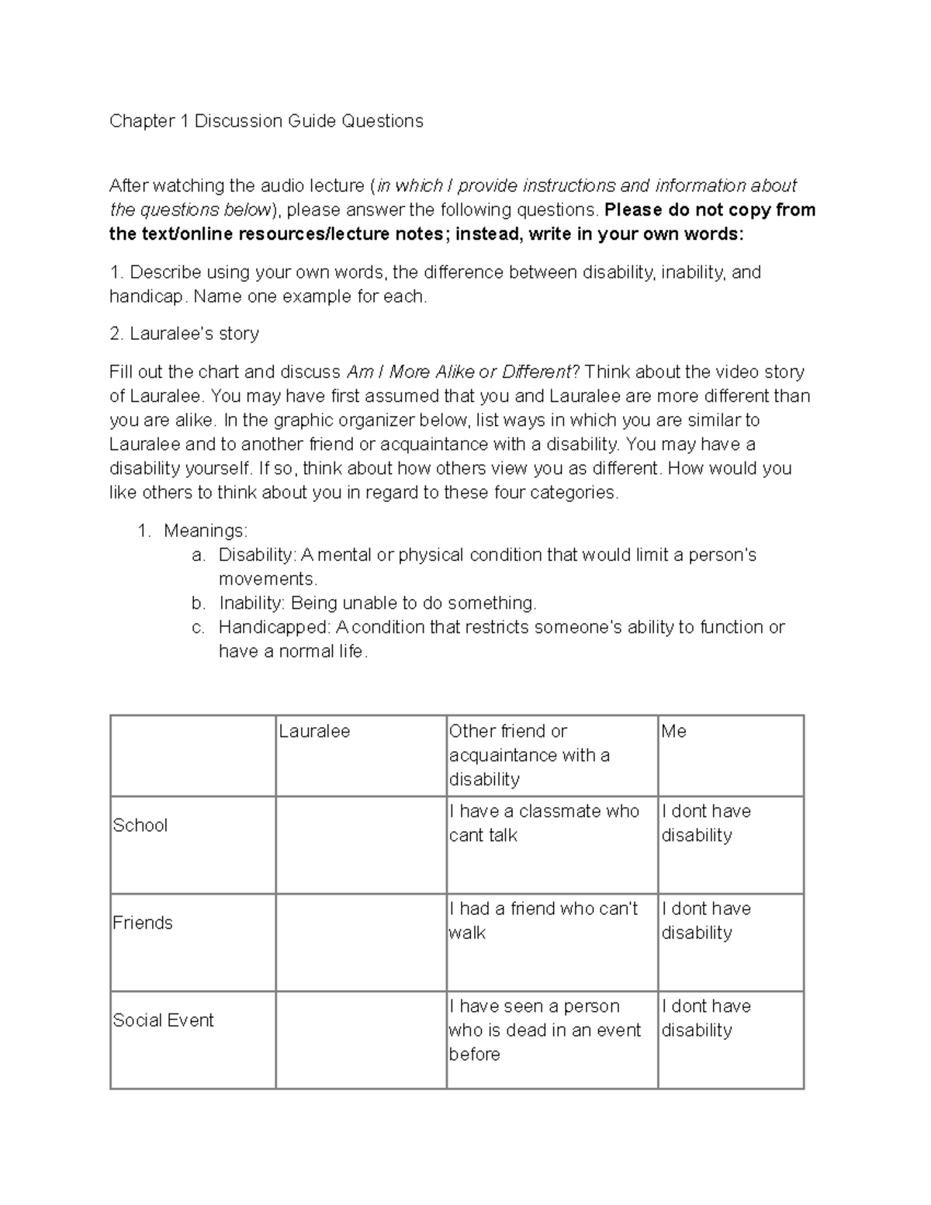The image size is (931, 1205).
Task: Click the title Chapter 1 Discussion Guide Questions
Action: click(266, 121)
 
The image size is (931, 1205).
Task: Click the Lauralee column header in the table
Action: click(314, 732)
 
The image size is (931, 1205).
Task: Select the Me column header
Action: click(673, 732)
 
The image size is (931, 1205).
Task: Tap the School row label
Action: click(140, 825)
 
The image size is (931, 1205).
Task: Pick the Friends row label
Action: click(143, 923)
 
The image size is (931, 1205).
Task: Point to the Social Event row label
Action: click(163, 1020)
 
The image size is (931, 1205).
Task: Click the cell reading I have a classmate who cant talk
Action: click(543, 823)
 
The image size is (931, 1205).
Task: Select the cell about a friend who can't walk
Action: click(543, 920)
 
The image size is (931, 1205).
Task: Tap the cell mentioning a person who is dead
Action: click(545, 1030)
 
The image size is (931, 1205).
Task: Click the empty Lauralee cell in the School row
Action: click(361, 845)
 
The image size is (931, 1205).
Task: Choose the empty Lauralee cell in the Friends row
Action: click(361, 942)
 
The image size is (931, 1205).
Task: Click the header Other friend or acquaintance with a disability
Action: click(529, 755)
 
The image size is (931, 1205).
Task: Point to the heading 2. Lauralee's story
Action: click(185, 334)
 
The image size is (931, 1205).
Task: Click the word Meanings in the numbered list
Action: click(205, 532)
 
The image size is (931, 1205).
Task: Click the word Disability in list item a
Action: click(256, 556)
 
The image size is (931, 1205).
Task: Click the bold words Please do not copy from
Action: click(709, 210)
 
